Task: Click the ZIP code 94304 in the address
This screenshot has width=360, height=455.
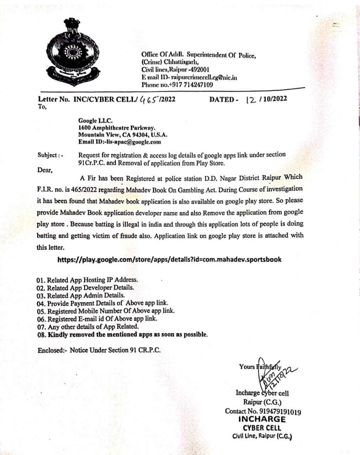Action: point(131,135)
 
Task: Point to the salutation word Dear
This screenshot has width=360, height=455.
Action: point(45,170)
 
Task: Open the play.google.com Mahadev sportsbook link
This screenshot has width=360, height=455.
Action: point(169,259)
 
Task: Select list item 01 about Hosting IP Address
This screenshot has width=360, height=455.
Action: point(87,280)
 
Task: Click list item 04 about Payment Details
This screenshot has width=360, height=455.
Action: point(102,303)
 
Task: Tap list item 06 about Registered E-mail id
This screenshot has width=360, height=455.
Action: point(97,319)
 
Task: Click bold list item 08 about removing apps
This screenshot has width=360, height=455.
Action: point(122,334)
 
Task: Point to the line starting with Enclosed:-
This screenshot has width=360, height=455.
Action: point(99,350)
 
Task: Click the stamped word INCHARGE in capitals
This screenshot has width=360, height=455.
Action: point(262,419)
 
